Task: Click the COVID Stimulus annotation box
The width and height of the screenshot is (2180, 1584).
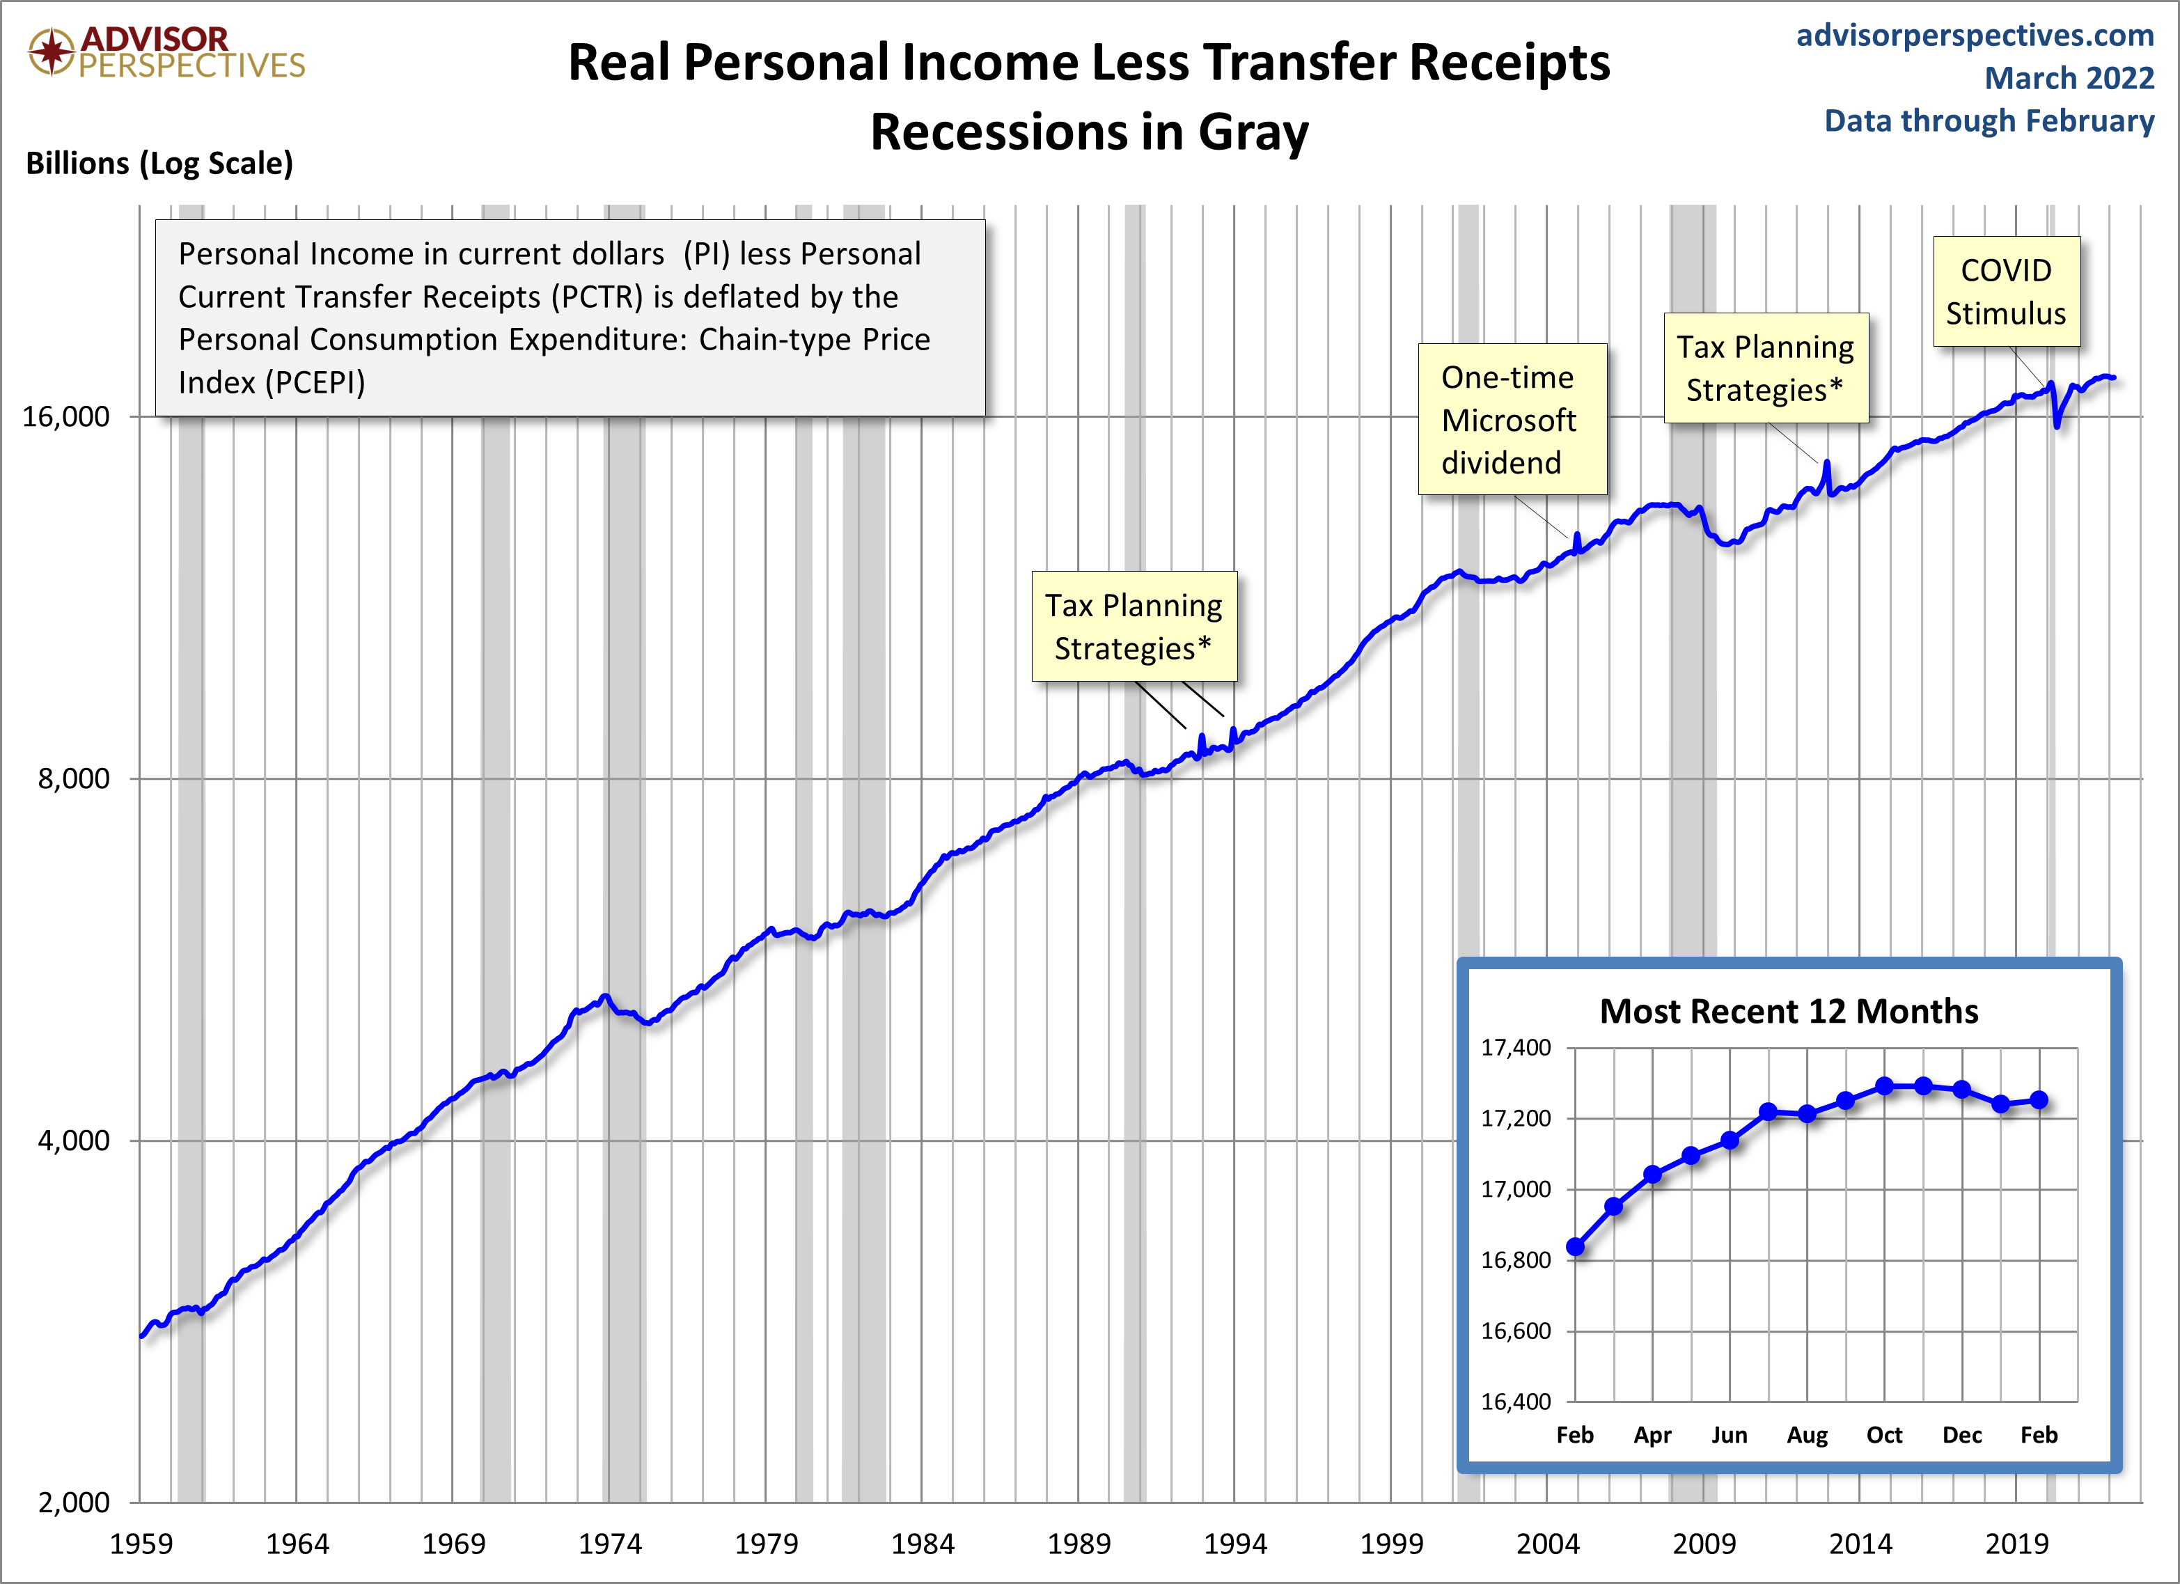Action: (2006, 291)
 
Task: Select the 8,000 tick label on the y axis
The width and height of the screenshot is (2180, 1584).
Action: (74, 778)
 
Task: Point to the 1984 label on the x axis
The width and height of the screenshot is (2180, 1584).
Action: (922, 1544)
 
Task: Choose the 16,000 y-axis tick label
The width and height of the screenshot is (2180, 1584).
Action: (66, 416)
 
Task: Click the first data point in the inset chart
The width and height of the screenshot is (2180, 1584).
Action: (1576, 1246)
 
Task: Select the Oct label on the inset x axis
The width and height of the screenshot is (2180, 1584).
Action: (1884, 1435)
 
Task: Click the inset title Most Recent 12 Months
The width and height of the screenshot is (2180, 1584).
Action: (1789, 1011)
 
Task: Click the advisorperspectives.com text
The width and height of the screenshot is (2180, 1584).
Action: (1975, 36)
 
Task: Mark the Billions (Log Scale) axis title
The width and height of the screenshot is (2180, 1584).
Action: (159, 164)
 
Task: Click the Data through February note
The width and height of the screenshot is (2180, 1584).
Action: (1989, 121)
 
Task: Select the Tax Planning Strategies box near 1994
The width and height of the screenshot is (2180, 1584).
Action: (1134, 627)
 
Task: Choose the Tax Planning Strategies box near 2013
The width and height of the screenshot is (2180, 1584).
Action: (1766, 368)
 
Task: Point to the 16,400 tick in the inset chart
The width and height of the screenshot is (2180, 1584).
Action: (1516, 1402)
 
